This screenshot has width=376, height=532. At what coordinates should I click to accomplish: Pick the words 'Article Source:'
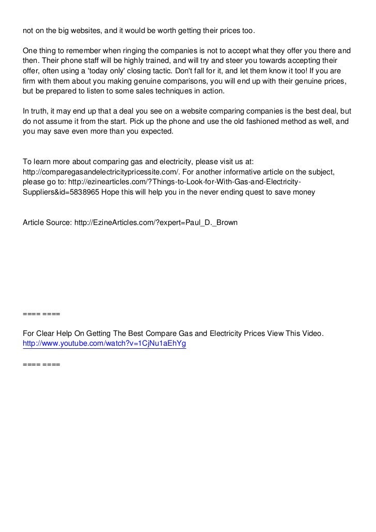(x=47, y=223)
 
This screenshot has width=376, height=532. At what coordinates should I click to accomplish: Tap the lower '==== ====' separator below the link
(x=42, y=364)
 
